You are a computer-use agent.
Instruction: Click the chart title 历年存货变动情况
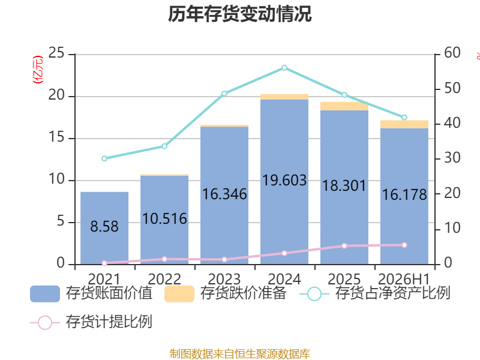[240, 14]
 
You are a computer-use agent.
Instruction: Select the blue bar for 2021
[104, 228]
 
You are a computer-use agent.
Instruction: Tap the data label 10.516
[164, 219]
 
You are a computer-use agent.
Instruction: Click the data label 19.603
[284, 181]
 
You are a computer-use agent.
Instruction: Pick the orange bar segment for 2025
[344, 106]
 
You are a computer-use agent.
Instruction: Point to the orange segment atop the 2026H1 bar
[404, 124]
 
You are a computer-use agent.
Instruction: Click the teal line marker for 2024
[284, 68]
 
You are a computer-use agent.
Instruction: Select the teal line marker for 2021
[104, 158]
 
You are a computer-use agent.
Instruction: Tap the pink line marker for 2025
[344, 246]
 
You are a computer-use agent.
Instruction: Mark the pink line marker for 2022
[164, 259]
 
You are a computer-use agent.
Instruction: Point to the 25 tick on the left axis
[56, 53]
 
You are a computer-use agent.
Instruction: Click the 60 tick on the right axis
[452, 53]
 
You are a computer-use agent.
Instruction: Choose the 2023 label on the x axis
[224, 279]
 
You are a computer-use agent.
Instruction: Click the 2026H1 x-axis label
[404, 279]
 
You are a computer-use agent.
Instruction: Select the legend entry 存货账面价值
[91, 293]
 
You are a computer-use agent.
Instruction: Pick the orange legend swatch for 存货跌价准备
[179, 294]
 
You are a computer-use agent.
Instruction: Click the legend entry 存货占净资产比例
[374, 293]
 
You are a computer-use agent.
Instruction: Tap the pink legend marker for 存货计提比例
[45, 323]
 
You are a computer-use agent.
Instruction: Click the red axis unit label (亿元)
[38, 70]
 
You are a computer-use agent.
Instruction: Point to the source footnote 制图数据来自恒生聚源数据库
[240, 354]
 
